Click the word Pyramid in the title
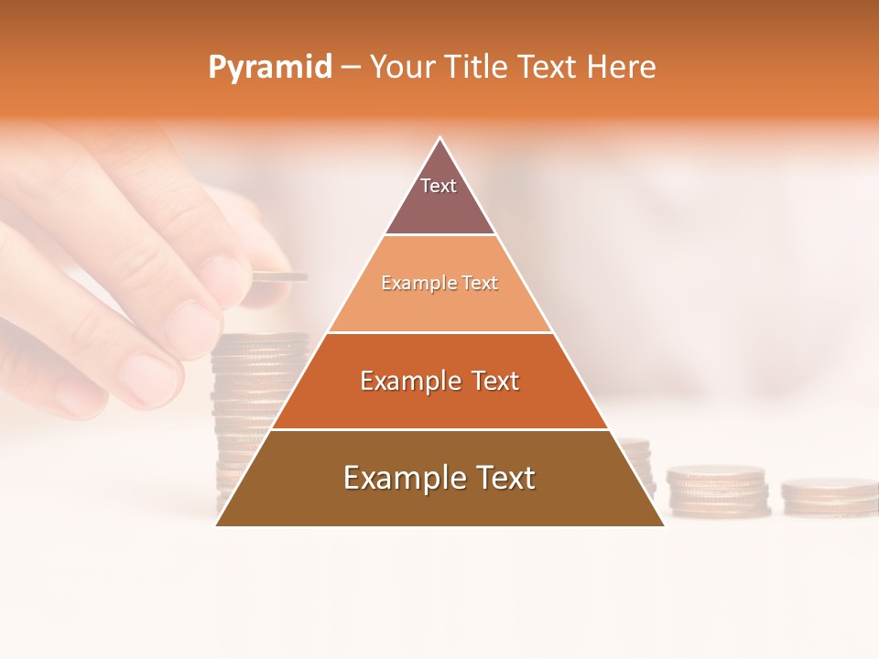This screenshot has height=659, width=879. click(269, 68)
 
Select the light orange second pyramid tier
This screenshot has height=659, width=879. click(439, 297)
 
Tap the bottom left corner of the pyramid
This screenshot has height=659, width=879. click(217, 524)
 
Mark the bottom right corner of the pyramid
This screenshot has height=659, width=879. click(663, 524)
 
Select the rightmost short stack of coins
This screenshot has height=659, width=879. click(829, 495)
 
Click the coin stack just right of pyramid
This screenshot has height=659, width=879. click(716, 490)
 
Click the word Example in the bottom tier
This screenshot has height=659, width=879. click(399, 478)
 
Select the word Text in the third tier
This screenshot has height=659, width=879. click(491, 381)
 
